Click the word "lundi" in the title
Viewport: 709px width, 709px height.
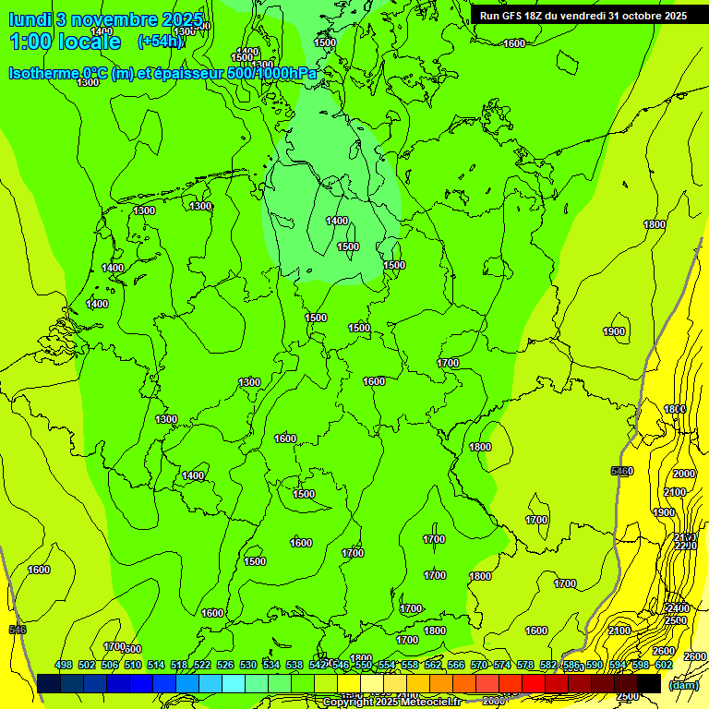30,19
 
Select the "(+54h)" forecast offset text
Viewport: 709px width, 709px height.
159,41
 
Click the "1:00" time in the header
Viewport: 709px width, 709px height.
33,42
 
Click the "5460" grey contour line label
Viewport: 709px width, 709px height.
622,472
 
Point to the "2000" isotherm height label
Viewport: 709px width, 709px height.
684,473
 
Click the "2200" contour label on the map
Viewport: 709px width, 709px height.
685,546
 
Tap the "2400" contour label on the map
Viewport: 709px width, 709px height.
677,608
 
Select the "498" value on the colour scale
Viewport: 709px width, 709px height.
64,665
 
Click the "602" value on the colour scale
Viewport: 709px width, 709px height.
664,665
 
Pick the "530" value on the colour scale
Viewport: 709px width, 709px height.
248,665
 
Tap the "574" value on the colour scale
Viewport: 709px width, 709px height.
502,665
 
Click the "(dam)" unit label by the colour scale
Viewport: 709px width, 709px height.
683,685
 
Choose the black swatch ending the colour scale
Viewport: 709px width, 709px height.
649,683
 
